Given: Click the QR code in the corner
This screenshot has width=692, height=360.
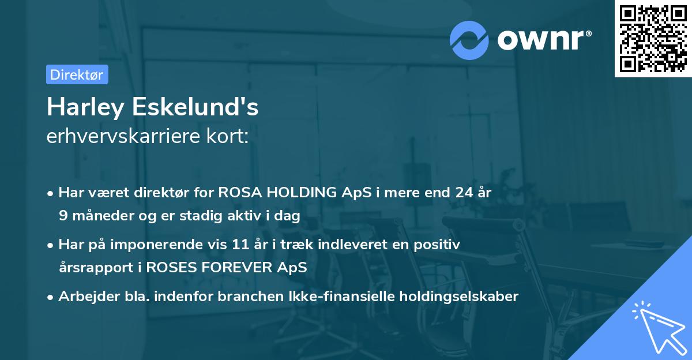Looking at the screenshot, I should point(653,39).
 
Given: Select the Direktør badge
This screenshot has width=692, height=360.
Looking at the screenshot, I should point(77,74).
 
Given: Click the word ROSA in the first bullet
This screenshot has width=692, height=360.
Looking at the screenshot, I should point(235,193).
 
